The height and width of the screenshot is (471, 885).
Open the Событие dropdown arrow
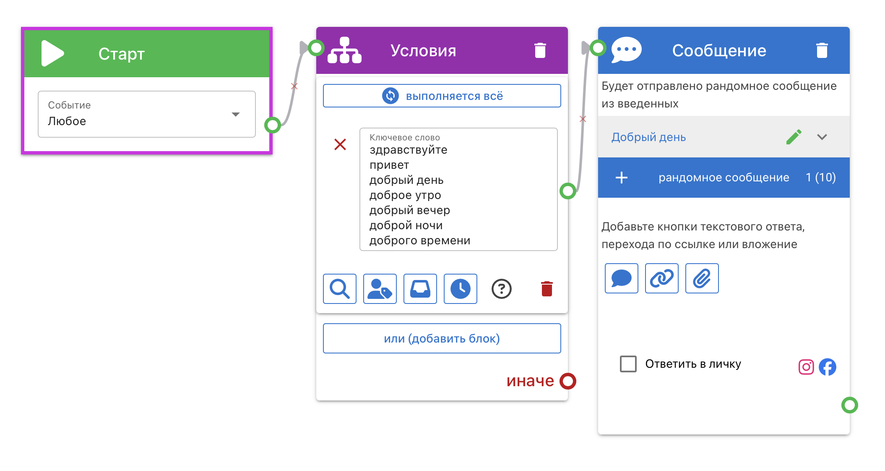tap(236, 114)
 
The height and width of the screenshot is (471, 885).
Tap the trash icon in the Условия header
tap(540, 50)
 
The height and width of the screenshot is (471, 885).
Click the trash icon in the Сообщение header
tap(822, 50)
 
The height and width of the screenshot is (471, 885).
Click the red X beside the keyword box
tap(340, 144)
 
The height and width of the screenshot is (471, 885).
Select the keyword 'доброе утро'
tap(405, 195)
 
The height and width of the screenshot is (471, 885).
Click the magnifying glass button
tap(340, 289)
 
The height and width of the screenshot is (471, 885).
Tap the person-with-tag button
tap(380, 289)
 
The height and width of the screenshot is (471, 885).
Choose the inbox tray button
tap(420, 289)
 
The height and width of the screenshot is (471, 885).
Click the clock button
tap(461, 289)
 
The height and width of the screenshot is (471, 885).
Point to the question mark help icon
tap(502, 289)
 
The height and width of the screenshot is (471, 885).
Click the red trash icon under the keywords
tap(547, 289)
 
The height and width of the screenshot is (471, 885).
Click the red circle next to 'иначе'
tap(568, 381)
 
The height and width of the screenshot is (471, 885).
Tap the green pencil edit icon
tap(794, 137)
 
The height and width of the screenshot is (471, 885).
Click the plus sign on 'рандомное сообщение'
tap(622, 178)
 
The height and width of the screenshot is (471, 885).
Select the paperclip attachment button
tap(702, 278)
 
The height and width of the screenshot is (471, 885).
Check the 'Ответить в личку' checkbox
tap(628, 364)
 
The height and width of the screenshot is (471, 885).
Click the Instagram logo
tap(806, 367)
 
